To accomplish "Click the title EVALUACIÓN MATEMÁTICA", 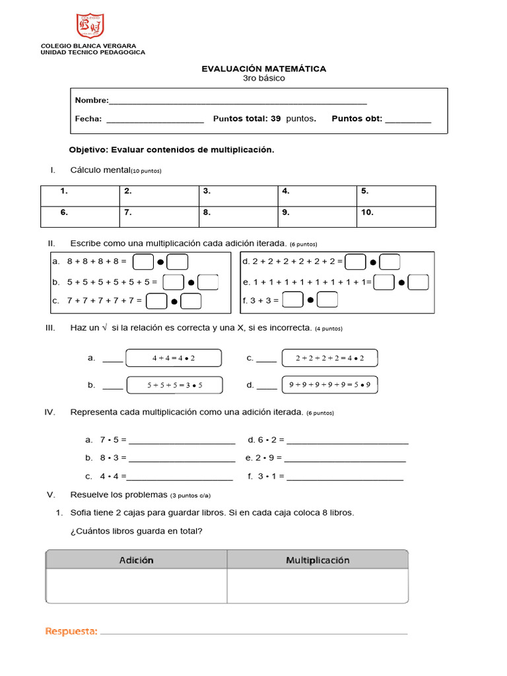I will click(x=263, y=69).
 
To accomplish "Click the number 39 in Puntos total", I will click(x=275, y=119).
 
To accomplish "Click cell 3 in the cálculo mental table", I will click(x=238, y=196).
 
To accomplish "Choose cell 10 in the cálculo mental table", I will click(x=396, y=217).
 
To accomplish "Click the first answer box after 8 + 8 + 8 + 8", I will click(x=143, y=262).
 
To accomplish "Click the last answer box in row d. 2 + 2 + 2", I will click(x=390, y=262).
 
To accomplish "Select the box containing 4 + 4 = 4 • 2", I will click(x=174, y=358).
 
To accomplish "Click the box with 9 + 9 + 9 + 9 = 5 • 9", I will click(x=329, y=384).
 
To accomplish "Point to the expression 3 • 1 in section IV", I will click(x=267, y=476).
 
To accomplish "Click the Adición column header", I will click(x=137, y=560).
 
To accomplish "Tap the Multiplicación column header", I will click(x=318, y=560).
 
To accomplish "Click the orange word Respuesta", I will click(x=71, y=632).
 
